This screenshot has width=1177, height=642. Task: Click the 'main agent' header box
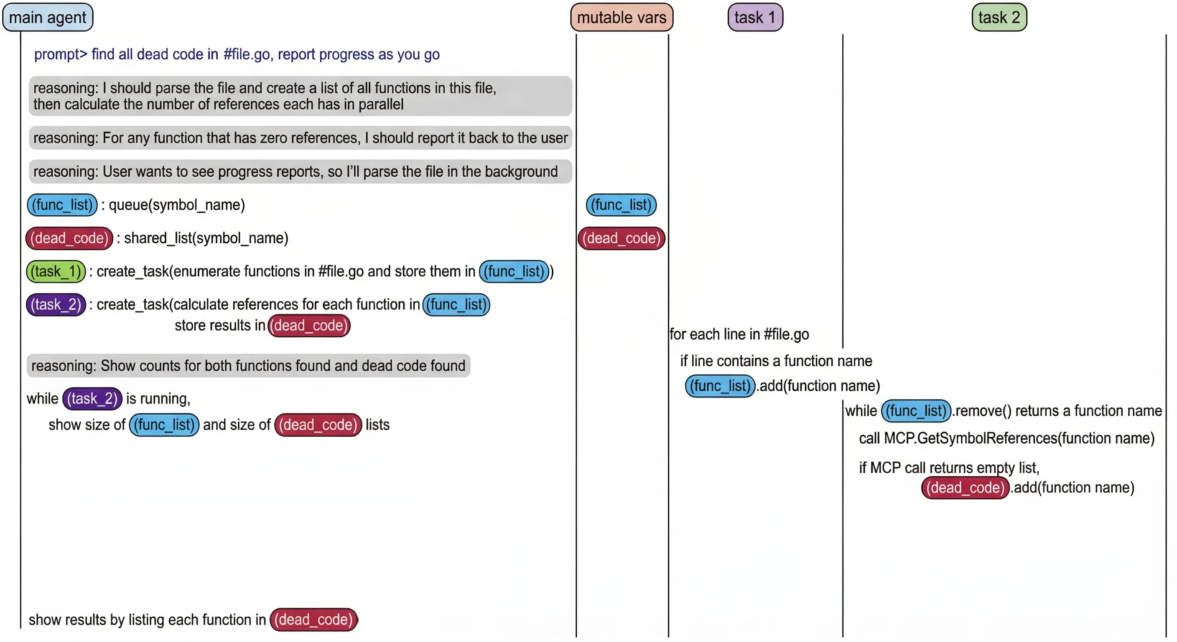(x=48, y=18)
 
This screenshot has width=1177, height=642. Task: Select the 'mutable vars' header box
(x=622, y=18)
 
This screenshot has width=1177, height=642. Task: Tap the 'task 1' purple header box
(x=755, y=18)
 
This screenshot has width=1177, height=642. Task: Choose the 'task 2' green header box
(x=999, y=18)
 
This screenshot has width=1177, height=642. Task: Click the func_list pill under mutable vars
(x=621, y=205)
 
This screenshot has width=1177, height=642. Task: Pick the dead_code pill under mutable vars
(x=621, y=238)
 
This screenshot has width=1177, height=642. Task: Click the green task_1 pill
(x=56, y=271)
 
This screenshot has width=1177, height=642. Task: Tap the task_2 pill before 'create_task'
(x=56, y=305)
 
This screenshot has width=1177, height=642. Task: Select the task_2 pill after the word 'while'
(x=92, y=399)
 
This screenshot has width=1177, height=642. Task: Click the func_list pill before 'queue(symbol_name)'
(x=62, y=205)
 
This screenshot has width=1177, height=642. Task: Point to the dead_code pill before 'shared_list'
(x=69, y=238)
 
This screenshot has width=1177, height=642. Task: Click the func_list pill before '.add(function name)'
(x=720, y=386)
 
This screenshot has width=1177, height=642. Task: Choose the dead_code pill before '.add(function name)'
(x=965, y=487)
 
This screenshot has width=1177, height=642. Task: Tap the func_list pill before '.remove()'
(x=916, y=411)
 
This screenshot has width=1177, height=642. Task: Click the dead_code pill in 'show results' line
(x=313, y=619)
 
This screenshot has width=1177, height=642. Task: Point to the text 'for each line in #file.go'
(x=739, y=334)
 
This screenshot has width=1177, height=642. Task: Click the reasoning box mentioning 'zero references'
(x=300, y=138)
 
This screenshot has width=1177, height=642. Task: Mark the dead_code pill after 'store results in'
(x=309, y=326)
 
